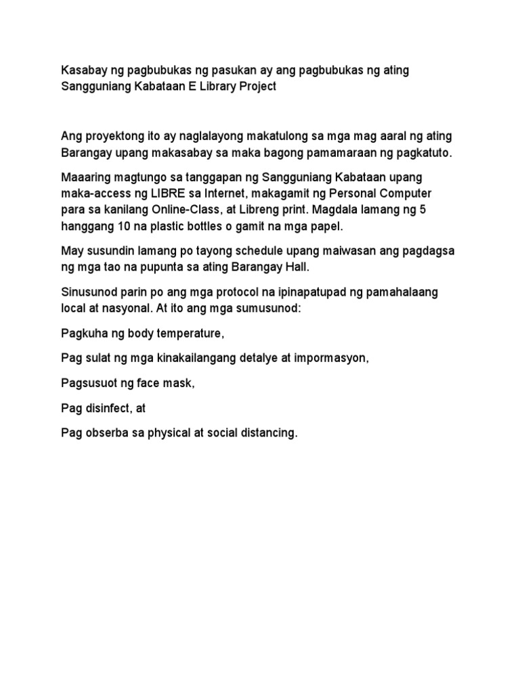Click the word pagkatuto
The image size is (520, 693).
pyautogui.click(x=423, y=153)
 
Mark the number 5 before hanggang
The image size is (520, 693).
pyautogui.click(x=422, y=210)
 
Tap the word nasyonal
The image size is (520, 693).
pyautogui.click(x=117, y=308)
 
